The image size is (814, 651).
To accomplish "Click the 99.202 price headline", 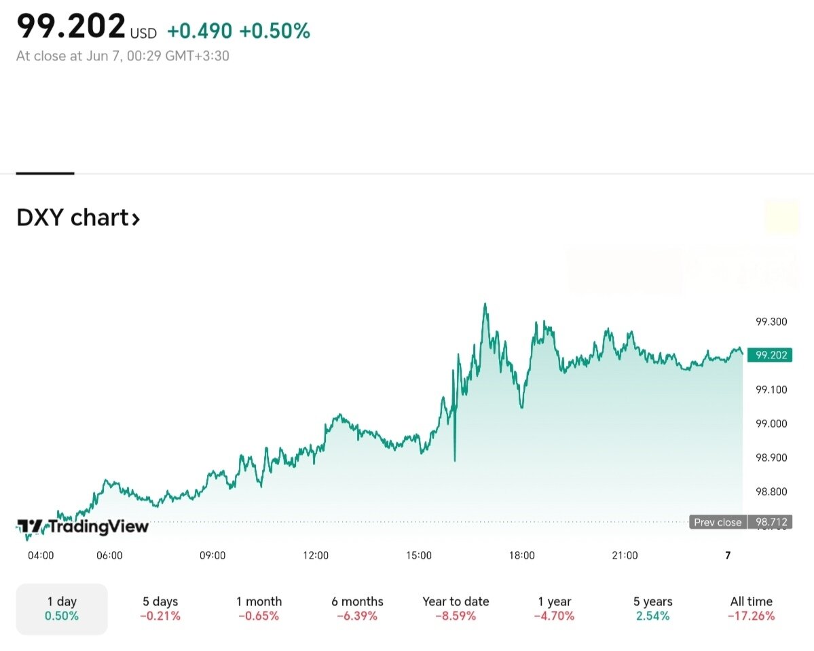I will pyautogui.click(x=71, y=26).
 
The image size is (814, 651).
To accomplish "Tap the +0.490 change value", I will pyautogui.click(x=200, y=31).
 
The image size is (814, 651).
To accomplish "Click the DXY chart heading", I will pyautogui.click(x=78, y=219).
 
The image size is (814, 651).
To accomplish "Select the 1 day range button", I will pyautogui.click(x=62, y=608).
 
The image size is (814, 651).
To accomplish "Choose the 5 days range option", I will pyautogui.click(x=160, y=608).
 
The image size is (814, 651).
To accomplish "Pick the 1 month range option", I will pyautogui.click(x=259, y=608).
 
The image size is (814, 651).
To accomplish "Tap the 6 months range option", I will pyautogui.click(x=357, y=608).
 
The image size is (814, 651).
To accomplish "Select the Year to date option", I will pyautogui.click(x=456, y=608).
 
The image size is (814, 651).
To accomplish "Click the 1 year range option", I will pyautogui.click(x=554, y=608).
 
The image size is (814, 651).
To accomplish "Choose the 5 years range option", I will pyautogui.click(x=652, y=608).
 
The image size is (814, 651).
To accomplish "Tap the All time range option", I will pyautogui.click(x=751, y=608).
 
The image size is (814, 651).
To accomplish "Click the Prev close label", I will pyautogui.click(x=717, y=522).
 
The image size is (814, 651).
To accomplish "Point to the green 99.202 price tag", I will pyautogui.click(x=769, y=354).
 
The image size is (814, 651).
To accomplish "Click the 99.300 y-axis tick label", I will pyautogui.click(x=771, y=322).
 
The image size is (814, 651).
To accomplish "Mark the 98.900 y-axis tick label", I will pyautogui.click(x=771, y=458).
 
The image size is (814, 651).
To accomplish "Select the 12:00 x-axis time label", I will pyautogui.click(x=316, y=555).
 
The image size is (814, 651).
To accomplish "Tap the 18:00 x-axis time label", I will pyautogui.click(x=521, y=555).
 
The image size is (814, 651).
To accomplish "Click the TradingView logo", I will pyautogui.click(x=82, y=526).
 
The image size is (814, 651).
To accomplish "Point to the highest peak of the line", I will pyautogui.click(x=485, y=304).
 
